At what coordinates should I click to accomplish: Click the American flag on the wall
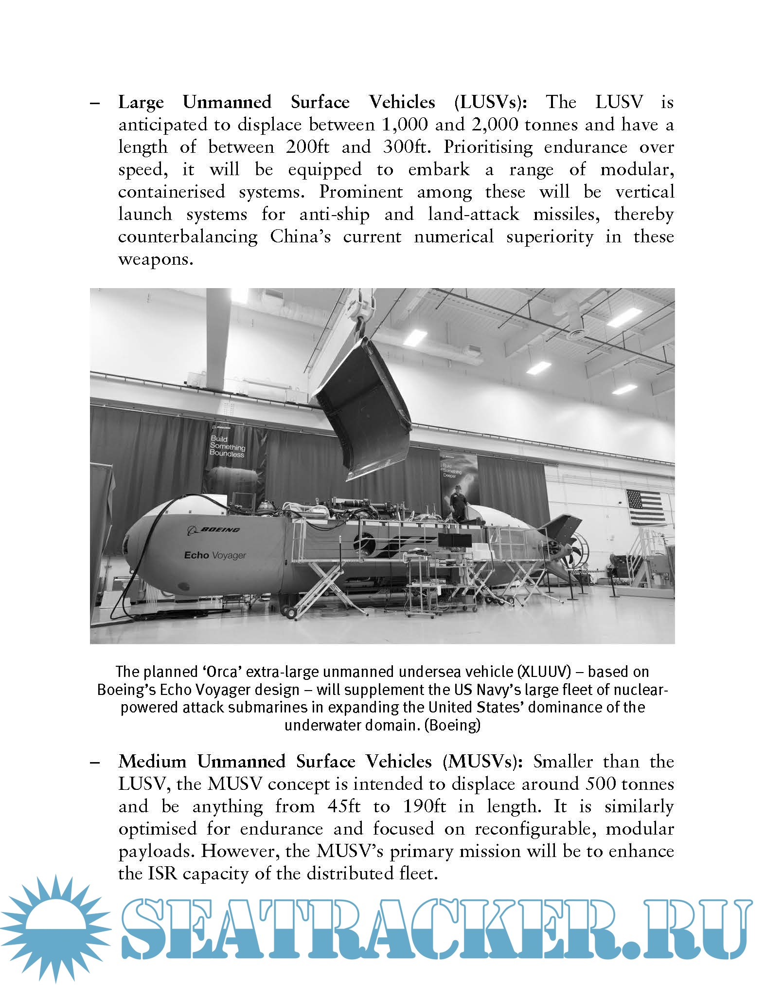coord(645,507)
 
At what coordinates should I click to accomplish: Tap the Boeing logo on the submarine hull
coord(213,529)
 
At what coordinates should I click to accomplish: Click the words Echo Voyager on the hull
coord(215,555)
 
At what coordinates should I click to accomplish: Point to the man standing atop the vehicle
coord(458,502)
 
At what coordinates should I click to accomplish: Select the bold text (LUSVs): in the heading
coord(491,102)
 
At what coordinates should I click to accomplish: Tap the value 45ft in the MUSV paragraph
coord(344,806)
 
